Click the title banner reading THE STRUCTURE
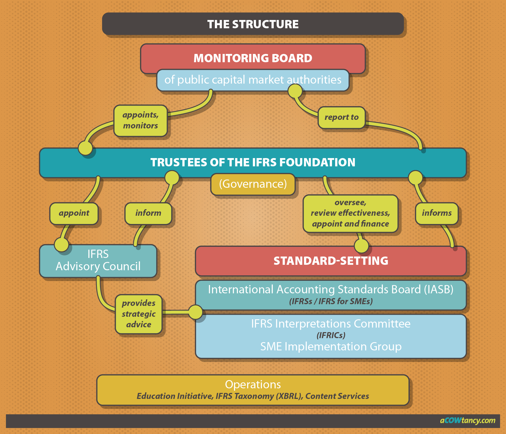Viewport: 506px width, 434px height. pyautogui.click(x=253, y=24)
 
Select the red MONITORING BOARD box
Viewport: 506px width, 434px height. pyautogui.click(x=253, y=58)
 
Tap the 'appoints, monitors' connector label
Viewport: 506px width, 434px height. pyautogui.click(x=140, y=120)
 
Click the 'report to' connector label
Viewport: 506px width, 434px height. pyautogui.click(x=341, y=117)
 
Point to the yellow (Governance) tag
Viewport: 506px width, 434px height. pyautogui.click(x=253, y=184)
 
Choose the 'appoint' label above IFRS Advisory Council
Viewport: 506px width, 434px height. pyautogui.click(x=74, y=213)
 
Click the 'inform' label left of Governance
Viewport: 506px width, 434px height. pyautogui.click(x=148, y=213)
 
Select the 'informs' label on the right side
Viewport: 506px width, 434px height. pyautogui.click(x=437, y=213)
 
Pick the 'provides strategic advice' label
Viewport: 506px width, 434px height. pyautogui.click(x=139, y=314)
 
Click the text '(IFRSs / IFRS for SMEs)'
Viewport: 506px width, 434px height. pyautogui.click(x=331, y=302)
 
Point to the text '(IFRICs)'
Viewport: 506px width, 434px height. pyautogui.click(x=331, y=336)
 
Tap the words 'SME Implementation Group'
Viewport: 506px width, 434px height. pyautogui.click(x=331, y=347)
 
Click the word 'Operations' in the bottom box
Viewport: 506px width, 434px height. pyautogui.click(x=253, y=385)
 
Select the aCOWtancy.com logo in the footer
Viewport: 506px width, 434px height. pyautogui.click(x=467, y=421)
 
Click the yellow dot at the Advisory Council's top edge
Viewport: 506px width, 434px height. pyautogui.click(x=61, y=245)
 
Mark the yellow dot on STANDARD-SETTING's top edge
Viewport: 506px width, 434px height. pyautogui.click(x=361, y=246)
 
